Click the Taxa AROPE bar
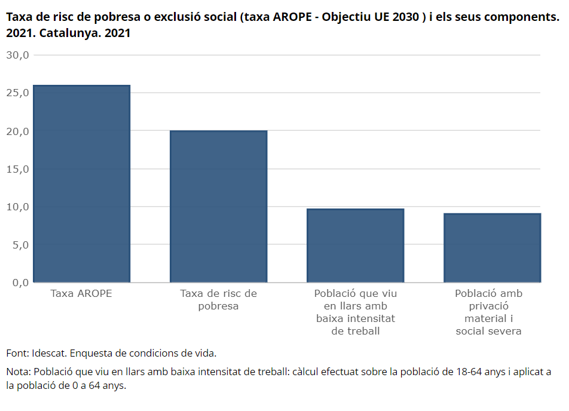(82, 183)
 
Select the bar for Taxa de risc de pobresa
(219, 206)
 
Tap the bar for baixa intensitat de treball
(355, 245)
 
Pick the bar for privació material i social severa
(492, 248)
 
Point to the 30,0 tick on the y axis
(17, 55)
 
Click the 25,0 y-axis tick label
(17, 93)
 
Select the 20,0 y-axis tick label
(17, 131)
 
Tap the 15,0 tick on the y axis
(17, 168)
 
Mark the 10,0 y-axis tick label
(17, 207)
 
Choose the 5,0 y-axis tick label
(21, 245)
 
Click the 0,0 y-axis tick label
(21, 282)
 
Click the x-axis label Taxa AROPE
(81, 293)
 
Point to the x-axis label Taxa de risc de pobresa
(219, 300)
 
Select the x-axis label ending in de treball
(356, 312)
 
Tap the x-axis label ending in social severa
(489, 312)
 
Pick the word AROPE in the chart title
(292, 17)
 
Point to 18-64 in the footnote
(469, 372)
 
